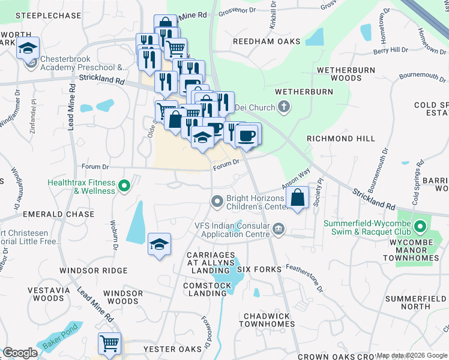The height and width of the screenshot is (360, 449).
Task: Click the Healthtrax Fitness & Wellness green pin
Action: [124, 186]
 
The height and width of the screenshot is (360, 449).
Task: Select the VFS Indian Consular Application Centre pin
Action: [279, 229]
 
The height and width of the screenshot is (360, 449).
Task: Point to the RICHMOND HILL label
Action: [340, 139]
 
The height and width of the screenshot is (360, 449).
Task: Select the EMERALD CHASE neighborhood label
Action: [58, 214]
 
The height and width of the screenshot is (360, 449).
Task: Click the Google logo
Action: [20, 353]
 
